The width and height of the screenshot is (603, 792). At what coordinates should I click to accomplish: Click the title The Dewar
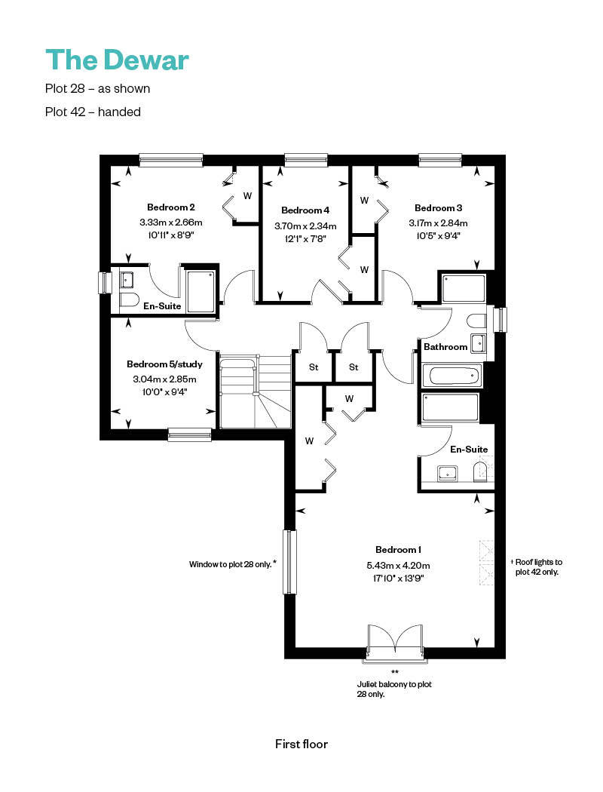tap(117, 60)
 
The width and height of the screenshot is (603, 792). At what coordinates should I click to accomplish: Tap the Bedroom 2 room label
tap(170, 207)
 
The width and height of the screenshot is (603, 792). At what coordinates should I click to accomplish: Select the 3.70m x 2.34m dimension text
tap(305, 226)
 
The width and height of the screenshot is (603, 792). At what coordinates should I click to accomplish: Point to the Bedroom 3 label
tap(438, 207)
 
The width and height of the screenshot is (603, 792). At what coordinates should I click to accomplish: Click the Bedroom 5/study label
tap(164, 364)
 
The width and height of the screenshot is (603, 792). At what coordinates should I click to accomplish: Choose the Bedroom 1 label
tap(398, 550)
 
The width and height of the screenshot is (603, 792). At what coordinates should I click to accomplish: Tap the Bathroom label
tap(445, 346)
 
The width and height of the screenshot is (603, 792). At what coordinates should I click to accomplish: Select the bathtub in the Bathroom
tap(451, 376)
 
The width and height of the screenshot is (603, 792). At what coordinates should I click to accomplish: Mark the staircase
tap(256, 391)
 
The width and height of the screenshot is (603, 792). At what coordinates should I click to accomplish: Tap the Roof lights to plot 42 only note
tap(537, 566)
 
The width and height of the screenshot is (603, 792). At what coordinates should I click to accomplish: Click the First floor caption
tap(301, 744)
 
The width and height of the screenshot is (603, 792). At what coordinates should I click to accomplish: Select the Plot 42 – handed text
tap(93, 112)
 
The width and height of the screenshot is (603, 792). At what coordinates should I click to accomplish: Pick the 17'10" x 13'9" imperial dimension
tap(398, 579)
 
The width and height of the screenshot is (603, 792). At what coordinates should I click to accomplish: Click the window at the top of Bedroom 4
tap(306, 160)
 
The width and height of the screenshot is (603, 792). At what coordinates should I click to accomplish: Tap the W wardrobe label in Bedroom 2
tap(247, 196)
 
